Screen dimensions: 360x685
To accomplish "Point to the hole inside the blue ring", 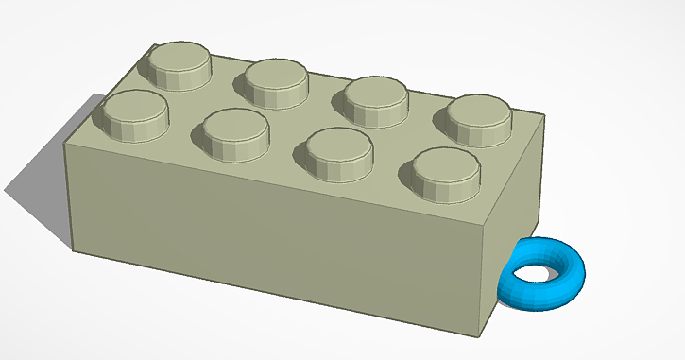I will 536,274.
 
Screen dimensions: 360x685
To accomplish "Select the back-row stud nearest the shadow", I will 177,64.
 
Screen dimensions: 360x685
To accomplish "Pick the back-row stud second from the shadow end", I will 278,81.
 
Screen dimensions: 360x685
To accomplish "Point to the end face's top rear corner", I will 546,117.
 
